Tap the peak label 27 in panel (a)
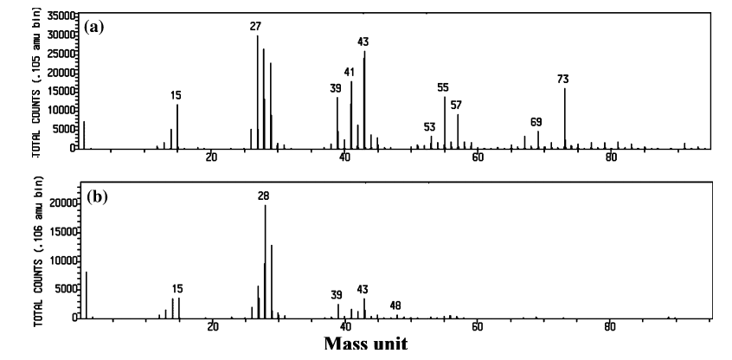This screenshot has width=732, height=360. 255,27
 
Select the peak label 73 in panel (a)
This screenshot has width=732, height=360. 563,80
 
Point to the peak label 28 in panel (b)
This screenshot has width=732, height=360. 264,196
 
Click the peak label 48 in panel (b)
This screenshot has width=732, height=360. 395,305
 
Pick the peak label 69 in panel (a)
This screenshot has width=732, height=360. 536,122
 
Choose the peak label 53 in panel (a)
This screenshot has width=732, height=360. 430,127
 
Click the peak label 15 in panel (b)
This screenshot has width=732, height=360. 177,289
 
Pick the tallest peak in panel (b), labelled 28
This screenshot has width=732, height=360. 265,260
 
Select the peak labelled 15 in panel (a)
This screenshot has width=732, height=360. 177,125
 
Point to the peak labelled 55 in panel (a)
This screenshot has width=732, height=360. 445,121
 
